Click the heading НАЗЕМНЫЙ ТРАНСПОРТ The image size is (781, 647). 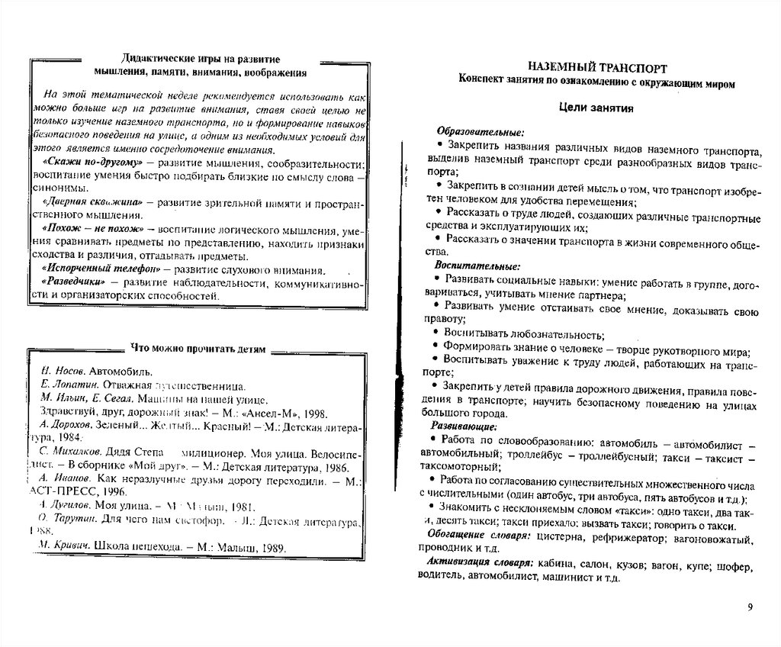click(596, 67)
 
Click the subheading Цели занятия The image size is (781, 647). click(597, 108)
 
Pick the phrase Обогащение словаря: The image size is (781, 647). click(476, 536)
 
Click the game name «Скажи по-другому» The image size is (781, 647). click(90, 164)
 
